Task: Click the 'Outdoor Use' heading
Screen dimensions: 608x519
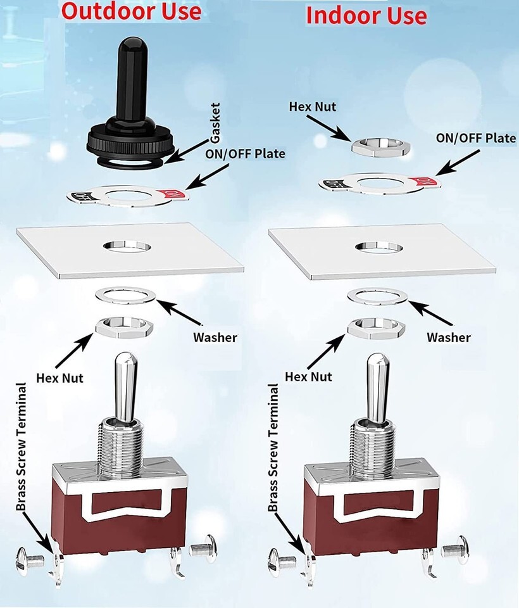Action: pyautogui.click(x=132, y=11)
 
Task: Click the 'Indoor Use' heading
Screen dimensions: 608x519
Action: pyautogui.click(x=366, y=15)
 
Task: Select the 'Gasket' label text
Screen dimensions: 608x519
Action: pyautogui.click(x=216, y=123)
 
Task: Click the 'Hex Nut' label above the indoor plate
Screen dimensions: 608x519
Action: pyautogui.click(x=312, y=106)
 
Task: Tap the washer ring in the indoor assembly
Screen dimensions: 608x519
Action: pyautogui.click(x=378, y=296)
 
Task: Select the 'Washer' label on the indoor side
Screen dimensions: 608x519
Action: pyautogui.click(x=448, y=337)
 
